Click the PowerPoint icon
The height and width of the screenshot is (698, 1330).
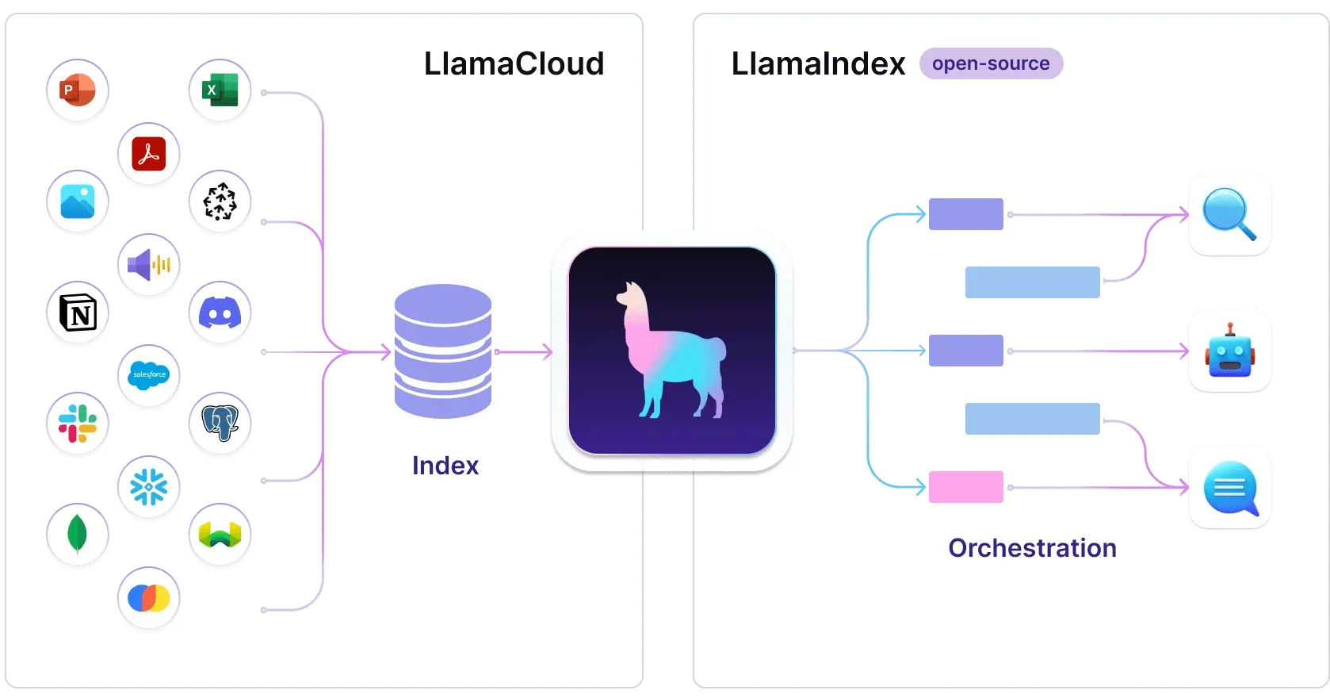pos(78,90)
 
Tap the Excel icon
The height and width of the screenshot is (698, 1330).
pos(220,90)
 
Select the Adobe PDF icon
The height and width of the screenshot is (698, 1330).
pos(149,154)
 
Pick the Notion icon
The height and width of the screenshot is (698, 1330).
pos(78,313)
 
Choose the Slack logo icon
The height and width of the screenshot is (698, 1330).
pos(78,424)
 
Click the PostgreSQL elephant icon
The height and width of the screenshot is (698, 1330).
pos(220,423)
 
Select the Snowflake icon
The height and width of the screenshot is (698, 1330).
pos(149,487)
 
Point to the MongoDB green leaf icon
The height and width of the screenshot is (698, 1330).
pos(78,534)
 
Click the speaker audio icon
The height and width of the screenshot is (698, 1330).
pos(149,265)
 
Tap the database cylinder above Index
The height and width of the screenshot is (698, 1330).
pos(443,351)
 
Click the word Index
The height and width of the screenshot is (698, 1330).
pos(445,466)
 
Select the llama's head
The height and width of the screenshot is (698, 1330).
pos(633,297)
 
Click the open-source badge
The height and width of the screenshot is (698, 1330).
pos(991,63)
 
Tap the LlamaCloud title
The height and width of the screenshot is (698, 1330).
pos(514,63)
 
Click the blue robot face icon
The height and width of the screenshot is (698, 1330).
pos(1229,352)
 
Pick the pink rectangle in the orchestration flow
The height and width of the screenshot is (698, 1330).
pos(965,487)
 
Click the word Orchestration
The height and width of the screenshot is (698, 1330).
pos(1032,548)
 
